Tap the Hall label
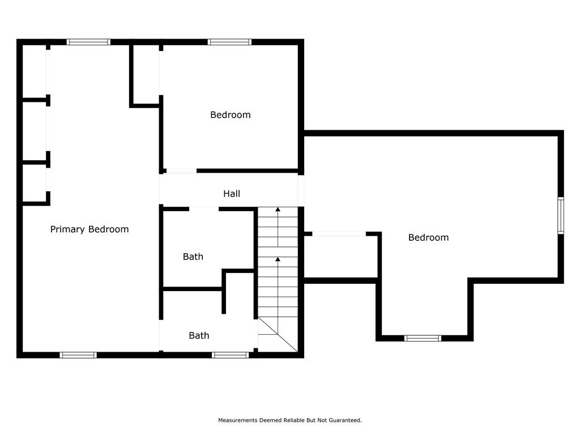232,194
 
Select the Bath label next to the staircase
193,257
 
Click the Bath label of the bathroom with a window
199,335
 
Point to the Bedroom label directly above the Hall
231,114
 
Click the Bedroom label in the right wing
428,237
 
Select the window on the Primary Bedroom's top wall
88,42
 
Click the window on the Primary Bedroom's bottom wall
78,355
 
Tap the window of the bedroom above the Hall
230,42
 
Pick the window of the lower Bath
231,355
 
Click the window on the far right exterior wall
561,216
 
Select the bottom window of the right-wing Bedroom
423,338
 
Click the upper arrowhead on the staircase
278,210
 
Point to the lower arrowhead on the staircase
278,259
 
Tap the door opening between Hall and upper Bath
204,209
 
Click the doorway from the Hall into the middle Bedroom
181,170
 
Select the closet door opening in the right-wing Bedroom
339,234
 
